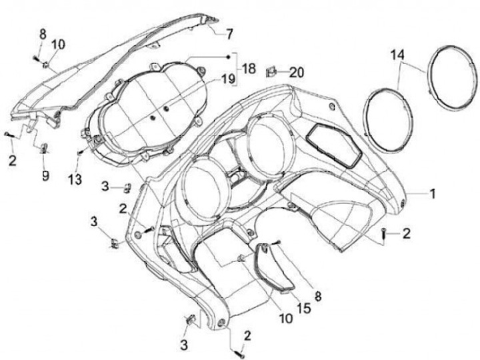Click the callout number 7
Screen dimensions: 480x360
(x=229, y=33)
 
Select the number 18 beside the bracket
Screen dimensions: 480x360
(x=248, y=68)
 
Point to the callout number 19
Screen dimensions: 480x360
(x=229, y=79)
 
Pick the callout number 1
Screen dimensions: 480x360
(x=433, y=194)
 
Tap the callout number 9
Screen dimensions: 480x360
(x=45, y=175)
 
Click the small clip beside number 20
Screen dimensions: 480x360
(x=272, y=69)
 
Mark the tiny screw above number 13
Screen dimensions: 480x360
(x=79, y=153)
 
